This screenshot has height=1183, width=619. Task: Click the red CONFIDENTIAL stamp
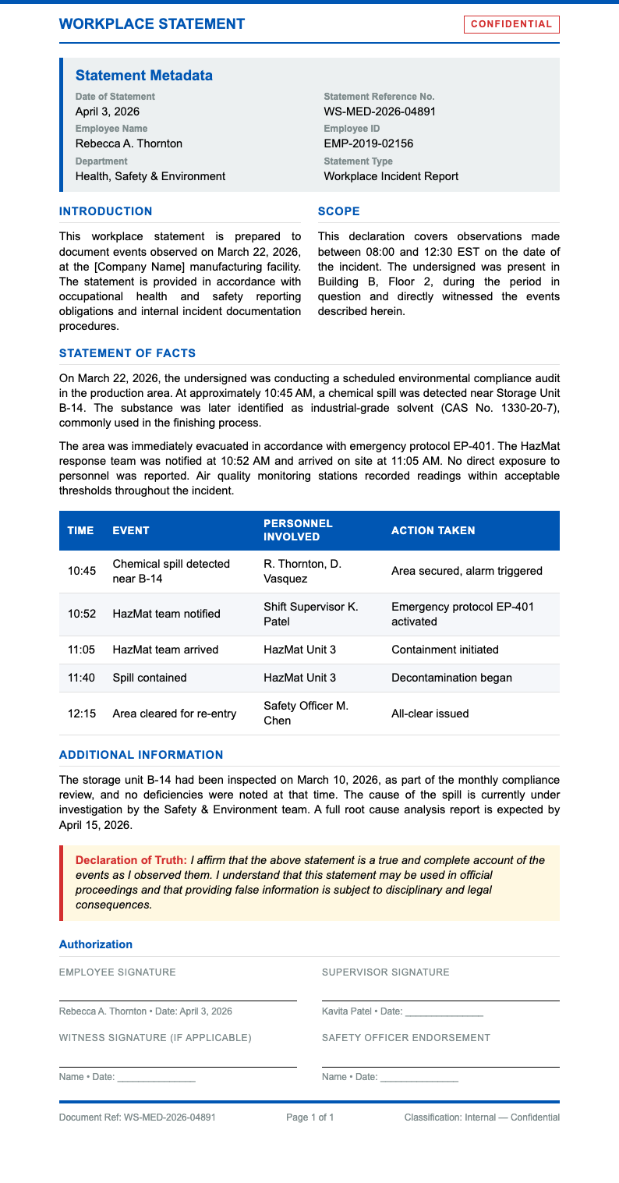coord(511,24)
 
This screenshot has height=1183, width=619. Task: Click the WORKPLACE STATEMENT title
coord(152,24)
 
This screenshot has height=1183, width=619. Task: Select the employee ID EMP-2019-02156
coord(369,143)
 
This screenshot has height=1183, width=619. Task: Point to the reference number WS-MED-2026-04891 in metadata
coord(380,112)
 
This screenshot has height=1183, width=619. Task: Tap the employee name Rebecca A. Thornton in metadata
coord(129,143)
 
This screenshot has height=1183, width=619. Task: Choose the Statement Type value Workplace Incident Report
coord(391,176)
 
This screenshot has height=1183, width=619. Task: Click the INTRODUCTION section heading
coord(106,211)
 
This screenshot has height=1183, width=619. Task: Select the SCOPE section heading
coord(339,211)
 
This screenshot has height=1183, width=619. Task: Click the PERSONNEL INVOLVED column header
coord(298,530)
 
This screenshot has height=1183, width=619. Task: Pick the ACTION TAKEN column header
coord(433,530)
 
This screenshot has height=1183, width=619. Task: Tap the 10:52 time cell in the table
coord(82,614)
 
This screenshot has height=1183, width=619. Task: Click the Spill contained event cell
coord(150,678)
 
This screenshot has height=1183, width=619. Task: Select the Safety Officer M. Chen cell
coord(306,713)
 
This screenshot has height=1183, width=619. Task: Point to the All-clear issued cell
coord(430,714)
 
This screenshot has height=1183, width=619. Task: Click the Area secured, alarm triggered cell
coord(466,571)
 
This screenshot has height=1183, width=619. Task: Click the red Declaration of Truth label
coord(131,860)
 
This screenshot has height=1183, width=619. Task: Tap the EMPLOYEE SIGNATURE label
coord(118,972)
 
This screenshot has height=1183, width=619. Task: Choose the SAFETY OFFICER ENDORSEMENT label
coord(406,1038)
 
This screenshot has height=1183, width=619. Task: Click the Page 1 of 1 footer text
coord(310,1117)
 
